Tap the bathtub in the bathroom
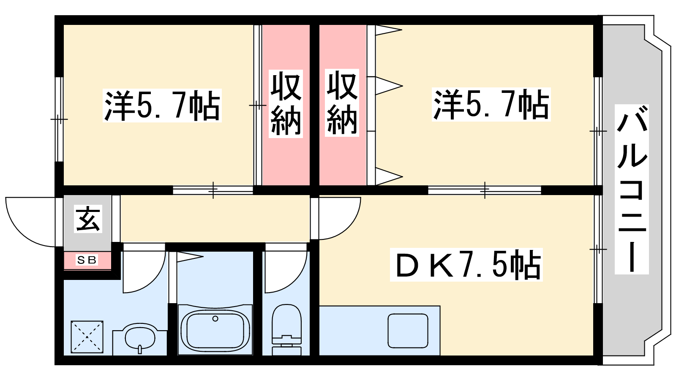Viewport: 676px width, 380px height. (x=215, y=330)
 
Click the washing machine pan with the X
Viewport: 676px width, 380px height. (x=87, y=337)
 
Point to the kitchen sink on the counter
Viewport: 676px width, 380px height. (x=408, y=331)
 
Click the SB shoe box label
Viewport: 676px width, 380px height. (x=87, y=260)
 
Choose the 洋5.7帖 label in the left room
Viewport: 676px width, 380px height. (x=162, y=106)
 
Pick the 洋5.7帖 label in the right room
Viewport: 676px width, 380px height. (x=491, y=104)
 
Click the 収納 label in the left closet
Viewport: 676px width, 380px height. (x=286, y=104)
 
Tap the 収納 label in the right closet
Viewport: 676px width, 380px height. (x=342, y=103)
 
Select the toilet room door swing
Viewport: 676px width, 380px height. (x=286, y=270)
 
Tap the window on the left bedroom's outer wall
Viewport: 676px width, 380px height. (x=59, y=119)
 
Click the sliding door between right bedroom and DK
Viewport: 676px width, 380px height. (x=485, y=190)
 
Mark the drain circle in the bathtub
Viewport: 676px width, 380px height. (x=215, y=318)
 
